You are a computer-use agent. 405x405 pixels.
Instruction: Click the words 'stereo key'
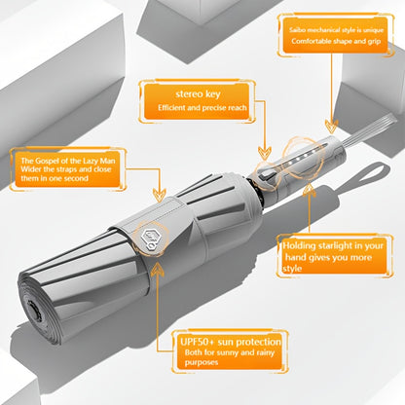coord(198,94)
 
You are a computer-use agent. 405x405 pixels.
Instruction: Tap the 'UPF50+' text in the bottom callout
coord(197,342)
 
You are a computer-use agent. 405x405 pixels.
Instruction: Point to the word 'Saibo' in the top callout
coord(297,30)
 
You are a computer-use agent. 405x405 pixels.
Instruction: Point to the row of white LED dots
coord(300,158)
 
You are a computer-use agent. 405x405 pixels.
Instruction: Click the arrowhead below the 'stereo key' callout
coord(265,153)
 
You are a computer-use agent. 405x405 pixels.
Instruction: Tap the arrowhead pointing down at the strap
coord(160,194)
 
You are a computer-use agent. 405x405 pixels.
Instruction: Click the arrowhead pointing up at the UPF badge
coord(158,269)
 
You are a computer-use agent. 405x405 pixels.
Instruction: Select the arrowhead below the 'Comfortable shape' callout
coord(331,127)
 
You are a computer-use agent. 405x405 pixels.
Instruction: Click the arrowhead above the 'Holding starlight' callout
coord(310,191)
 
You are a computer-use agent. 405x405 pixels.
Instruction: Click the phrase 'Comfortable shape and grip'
coord(336,41)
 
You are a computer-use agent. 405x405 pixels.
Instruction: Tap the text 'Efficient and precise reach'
coord(202,108)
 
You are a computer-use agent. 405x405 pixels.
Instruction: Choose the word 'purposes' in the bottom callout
coord(202,362)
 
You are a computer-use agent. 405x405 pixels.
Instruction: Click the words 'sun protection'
coord(249,342)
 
